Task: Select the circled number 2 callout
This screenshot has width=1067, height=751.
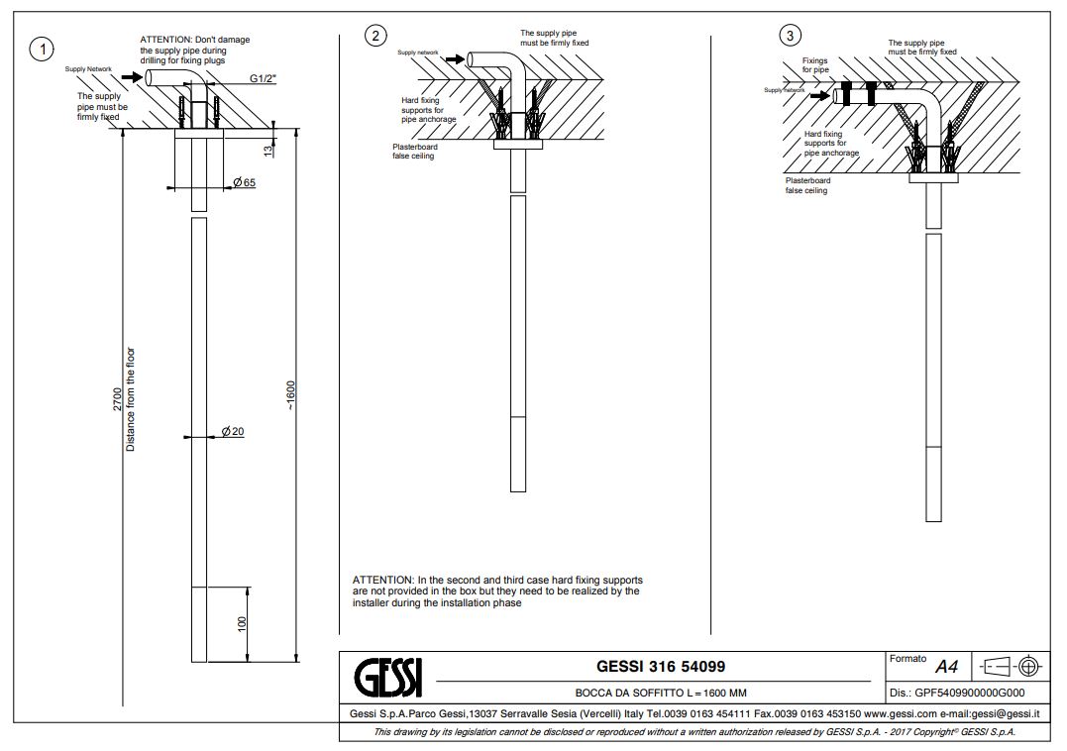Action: tap(374, 37)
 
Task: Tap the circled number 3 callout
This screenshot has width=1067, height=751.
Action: tap(789, 37)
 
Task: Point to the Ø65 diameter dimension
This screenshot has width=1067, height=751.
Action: tap(245, 182)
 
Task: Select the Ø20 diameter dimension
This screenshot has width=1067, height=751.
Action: tap(233, 431)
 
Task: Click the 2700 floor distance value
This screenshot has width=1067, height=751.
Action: tap(118, 401)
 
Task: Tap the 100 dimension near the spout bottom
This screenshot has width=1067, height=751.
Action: tap(241, 624)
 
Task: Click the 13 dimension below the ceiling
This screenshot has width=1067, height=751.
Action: tap(267, 149)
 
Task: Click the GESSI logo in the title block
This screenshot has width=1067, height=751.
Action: tap(388, 677)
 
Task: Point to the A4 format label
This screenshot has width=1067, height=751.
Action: tap(949, 668)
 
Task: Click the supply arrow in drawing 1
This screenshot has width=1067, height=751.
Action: tap(131, 76)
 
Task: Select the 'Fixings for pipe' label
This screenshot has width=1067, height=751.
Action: tap(815, 65)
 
